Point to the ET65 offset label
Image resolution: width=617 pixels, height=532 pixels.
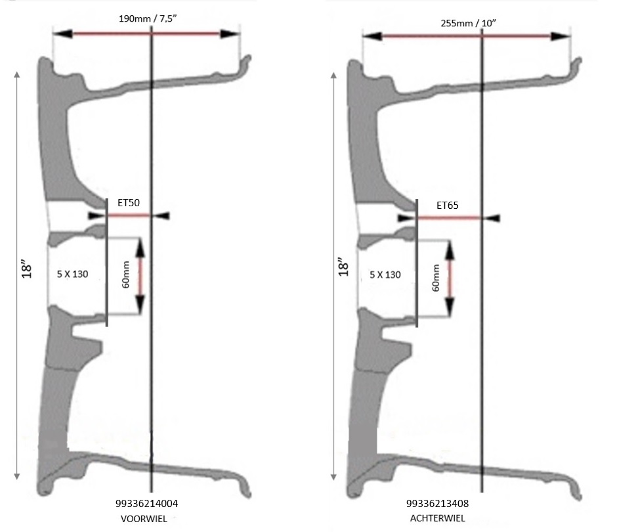448,206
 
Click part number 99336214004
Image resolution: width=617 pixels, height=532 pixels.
146,504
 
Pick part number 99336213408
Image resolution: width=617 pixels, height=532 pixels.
437,504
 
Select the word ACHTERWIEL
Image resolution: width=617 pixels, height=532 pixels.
437,518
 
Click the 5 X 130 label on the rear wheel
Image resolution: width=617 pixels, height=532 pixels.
385,275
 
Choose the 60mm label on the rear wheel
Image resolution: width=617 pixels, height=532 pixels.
436,278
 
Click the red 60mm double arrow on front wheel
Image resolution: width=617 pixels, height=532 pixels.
140,275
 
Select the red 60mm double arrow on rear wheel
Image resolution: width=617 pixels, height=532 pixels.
450,278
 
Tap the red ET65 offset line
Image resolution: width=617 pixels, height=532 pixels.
450,217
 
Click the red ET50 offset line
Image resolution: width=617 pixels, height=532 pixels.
129,215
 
